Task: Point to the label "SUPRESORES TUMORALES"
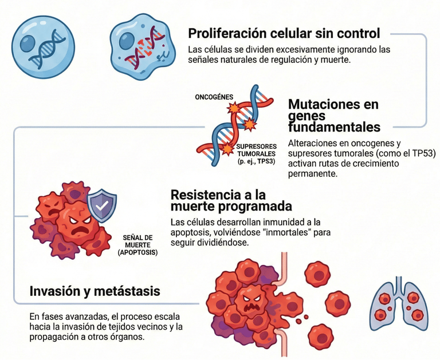click(256, 150)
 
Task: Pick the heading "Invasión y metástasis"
click(95, 292)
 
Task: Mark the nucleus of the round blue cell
click(27, 43)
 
